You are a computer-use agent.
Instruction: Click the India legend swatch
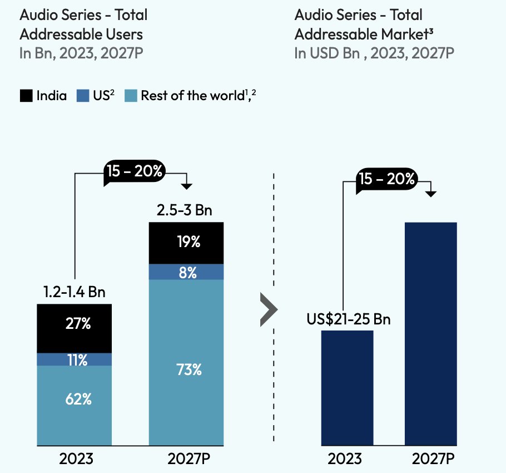tap(26, 96)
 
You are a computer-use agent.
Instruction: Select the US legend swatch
tap(83, 96)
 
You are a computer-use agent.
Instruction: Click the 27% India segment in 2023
tap(75, 328)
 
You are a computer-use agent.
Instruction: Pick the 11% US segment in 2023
tap(75, 359)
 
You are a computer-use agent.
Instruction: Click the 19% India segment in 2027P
tap(186, 243)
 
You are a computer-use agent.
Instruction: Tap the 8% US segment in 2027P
tap(186, 272)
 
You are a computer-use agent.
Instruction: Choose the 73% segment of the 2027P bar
tap(186, 362)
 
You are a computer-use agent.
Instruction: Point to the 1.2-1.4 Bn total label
tap(75, 292)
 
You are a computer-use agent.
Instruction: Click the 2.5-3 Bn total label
tap(186, 211)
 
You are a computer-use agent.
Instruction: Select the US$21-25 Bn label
tap(349, 319)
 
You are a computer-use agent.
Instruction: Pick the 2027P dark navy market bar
tap(431, 334)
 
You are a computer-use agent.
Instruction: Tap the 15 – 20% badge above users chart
tap(134, 171)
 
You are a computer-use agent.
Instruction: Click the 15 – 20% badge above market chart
tap(387, 179)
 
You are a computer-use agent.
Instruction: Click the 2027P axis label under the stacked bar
tap(186, 460)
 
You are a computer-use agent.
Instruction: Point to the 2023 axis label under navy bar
tap(345, 460)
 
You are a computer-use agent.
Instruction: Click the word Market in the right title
tap(404, 34)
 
